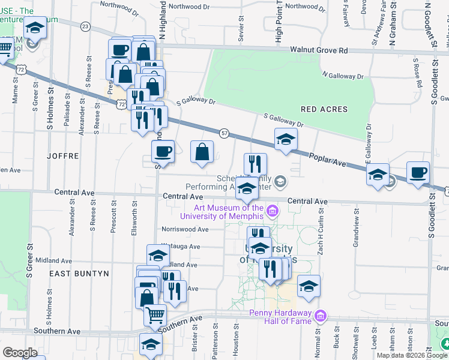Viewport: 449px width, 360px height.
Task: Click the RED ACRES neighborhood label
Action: pos(324,109)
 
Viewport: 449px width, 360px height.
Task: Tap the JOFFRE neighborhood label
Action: pos(62,155)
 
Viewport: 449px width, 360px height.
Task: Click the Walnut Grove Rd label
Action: pos(319,51)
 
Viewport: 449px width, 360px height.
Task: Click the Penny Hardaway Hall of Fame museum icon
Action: pos(321,316)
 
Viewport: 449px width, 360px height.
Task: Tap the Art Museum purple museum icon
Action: pos(273,211)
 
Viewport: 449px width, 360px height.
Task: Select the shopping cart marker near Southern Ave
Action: pos(155,314)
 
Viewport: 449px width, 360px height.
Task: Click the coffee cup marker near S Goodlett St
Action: pos(418,172)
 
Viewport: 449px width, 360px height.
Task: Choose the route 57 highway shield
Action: pos(224,132)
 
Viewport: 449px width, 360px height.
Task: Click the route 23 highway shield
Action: pos(85,26)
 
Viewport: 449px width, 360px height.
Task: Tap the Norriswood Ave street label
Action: pos(185,229)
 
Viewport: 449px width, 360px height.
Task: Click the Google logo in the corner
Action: pos(20,352)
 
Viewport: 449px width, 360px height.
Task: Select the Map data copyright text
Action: pos(412,355)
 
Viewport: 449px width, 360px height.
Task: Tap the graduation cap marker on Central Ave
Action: pos(246,189)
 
